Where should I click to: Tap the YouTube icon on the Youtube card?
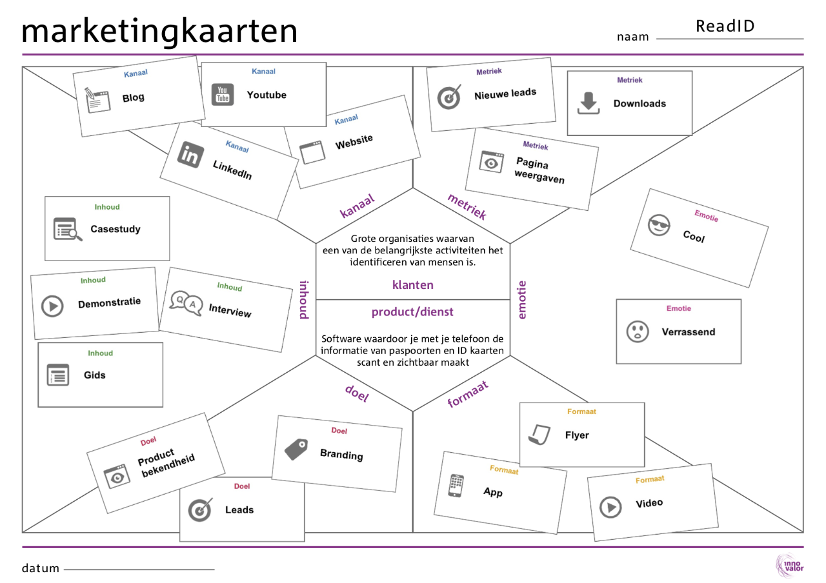(223, 95)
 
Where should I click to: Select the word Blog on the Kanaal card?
(134, 98)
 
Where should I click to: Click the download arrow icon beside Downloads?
(588, 103)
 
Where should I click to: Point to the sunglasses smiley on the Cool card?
(658, 226)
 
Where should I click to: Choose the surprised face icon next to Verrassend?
(638, 332)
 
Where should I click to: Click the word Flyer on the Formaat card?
(577, 435)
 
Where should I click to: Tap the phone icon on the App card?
(456, 486)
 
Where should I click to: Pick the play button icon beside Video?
(610, 507)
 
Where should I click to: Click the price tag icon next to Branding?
(296, 449)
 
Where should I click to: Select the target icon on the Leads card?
(199, 510)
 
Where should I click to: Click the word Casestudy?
(116, 229)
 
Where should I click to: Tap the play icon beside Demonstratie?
(52, 306)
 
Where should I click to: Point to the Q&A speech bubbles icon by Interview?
(186, 302)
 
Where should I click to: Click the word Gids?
(95, 375)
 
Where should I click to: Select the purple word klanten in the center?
(413, 285)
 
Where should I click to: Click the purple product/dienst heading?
(412, 312)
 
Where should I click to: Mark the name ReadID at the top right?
(725, 26)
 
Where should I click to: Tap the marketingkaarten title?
(159, 31)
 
